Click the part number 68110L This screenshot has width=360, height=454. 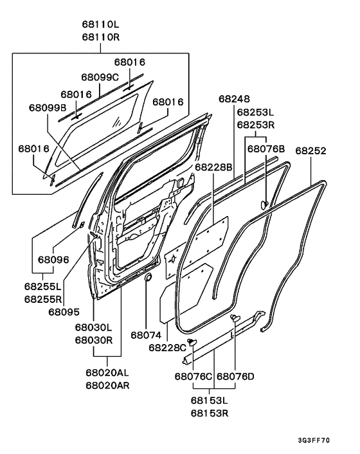click(x=101, y=24)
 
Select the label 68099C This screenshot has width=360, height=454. click(x=100, y=77)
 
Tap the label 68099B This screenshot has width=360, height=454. click(x=47, y=107)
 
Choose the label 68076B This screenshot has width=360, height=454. click(x=266, y=149)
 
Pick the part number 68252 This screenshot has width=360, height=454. click(x=311, y=151)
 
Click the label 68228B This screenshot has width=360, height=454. click(x=213, y=167)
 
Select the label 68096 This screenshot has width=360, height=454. click(x=53, y=260)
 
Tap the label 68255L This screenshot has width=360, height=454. click(x=44, y=287)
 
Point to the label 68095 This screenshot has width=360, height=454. click(x=63, y=312)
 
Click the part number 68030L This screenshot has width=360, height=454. click(x=94, y=327)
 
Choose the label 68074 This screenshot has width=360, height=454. click(x=147, y=335)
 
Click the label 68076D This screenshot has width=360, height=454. click(x=235, y=376)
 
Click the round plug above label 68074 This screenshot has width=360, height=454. click(x=147, y=278)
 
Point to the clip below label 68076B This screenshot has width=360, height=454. click(x=264, y=204)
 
